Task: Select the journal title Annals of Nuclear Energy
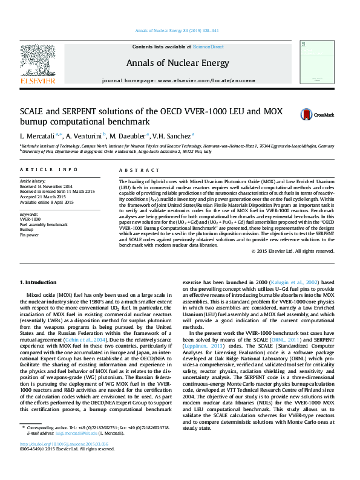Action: [x=177, y=63]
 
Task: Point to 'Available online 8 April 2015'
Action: [x=47, y=202]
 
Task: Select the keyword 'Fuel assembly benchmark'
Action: [x=44, y=224]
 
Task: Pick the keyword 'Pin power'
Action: [x=29, y=234]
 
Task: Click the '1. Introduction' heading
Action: [x=39, y=282]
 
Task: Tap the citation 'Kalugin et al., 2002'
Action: [x=304, y=282]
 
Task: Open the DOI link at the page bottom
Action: [x=60, y=461]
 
